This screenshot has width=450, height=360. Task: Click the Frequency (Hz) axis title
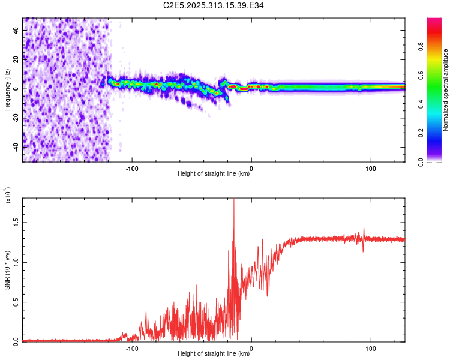click(7, 89)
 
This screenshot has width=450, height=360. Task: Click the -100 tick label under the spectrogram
click(132, 168)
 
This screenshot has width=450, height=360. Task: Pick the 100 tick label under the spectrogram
click(371, 168)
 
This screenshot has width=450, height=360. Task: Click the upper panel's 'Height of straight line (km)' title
click(214, 174)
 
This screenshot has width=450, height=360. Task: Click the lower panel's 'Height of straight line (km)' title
click(214, 353)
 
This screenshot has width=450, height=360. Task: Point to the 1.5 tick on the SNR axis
click(17, 221)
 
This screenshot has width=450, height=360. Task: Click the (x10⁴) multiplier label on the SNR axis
click(7, 195)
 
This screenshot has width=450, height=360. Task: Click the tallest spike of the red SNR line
click(233, 200)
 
